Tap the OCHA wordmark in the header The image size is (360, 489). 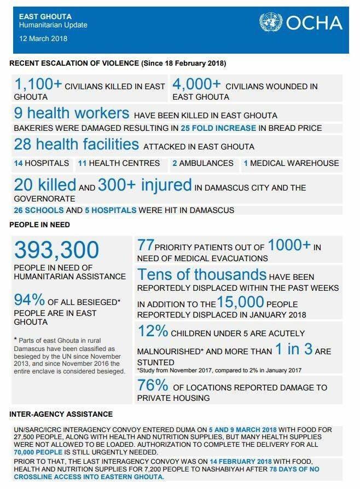point(311,23)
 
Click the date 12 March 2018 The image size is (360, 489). point(44,39)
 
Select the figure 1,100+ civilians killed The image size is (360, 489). point(38,85)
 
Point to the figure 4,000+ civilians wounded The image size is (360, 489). point(196,85)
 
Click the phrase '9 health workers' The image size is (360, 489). point(72,114)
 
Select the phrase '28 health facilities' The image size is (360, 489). point(76,144)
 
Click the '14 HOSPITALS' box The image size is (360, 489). point(42,163)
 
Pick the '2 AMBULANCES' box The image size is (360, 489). point(202,163)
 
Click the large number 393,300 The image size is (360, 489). point(57,251)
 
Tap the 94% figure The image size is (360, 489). point(30,300)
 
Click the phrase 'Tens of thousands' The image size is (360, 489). point(202,274)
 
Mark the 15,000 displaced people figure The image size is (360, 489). point(241,302)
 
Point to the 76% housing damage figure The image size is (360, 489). point(153,386)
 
